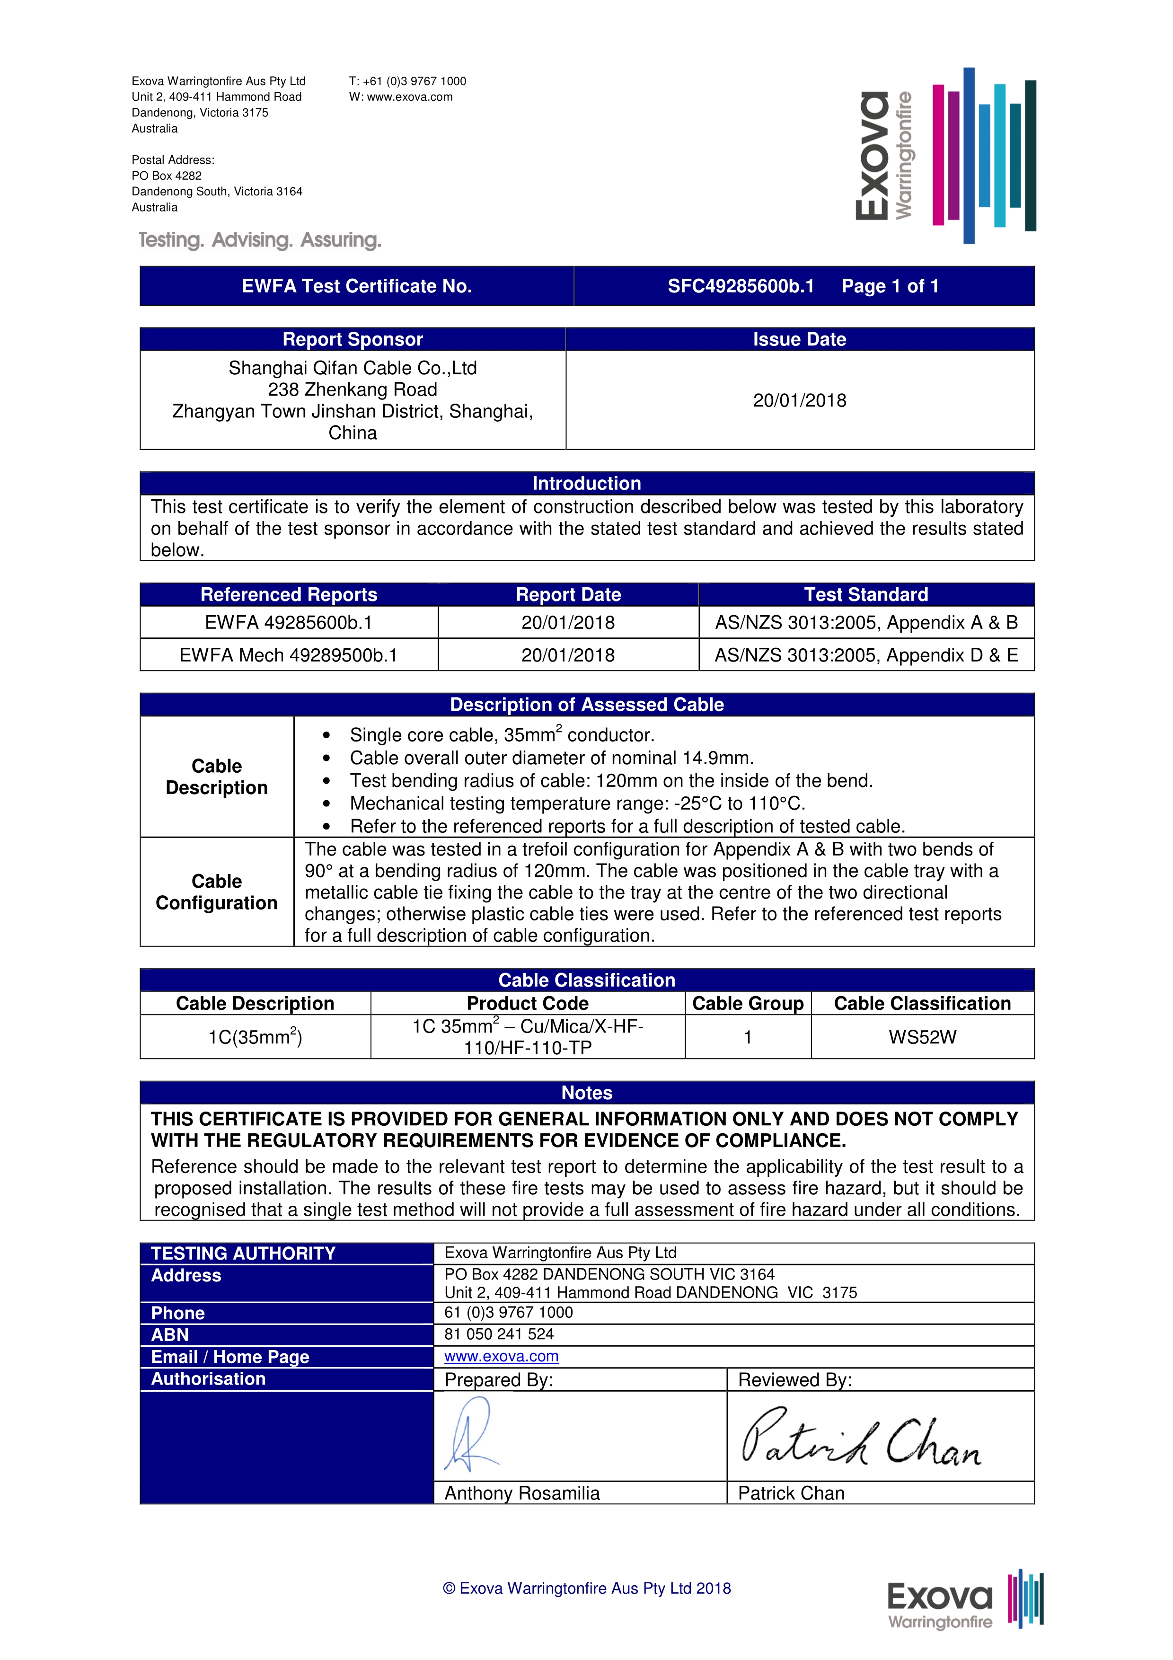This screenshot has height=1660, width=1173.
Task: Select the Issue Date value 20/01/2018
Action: tap(799, 400)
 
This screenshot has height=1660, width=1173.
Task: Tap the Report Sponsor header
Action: tap(353, 339)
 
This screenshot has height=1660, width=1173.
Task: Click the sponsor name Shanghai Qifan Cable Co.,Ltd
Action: tap(353, 368)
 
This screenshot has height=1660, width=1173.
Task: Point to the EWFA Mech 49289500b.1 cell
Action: tap(288, 655)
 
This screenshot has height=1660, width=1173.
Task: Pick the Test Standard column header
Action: tap(866, 594)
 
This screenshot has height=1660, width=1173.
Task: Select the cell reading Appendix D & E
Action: tap(866, 655)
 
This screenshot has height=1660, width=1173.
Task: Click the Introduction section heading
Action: tap(586, 483)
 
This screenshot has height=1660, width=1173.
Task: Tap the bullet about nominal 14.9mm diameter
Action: tap(551, 758)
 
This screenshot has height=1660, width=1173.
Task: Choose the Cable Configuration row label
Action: tap(217, 892)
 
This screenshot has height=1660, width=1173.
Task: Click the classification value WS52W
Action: tap(922, 1037)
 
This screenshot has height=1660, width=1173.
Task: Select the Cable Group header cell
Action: tap(747, 1003)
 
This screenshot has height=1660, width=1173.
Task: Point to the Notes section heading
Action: tap(586, 1093)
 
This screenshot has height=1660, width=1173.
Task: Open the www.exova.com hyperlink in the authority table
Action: tap(502, 1356)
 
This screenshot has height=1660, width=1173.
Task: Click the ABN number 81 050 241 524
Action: tap(499, 1334)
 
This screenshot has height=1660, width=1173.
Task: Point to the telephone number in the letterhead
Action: tap(407, 81)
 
